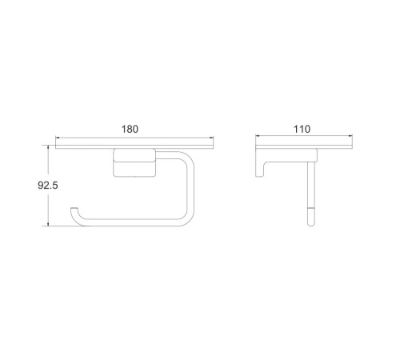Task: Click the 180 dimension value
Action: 130,130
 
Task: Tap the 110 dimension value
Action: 302,130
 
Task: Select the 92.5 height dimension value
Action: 48,185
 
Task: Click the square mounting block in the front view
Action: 134,162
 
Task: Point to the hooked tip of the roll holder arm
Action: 74,210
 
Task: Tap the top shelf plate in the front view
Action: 134,147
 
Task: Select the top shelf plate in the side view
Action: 304,147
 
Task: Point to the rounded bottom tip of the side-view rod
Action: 311,224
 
